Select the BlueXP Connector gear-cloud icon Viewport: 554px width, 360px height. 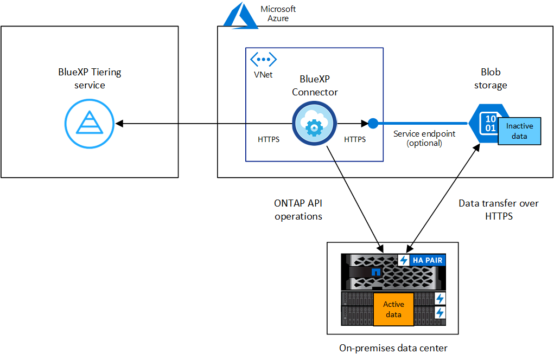(312, 124)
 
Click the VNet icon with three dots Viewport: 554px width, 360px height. (263, 59)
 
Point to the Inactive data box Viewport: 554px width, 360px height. (519, 131)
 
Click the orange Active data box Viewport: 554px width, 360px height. (393, 310)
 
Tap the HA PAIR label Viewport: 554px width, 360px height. (426, 261)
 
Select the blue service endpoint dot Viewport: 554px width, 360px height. (373, 124)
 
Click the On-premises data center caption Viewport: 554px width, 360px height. (393, 348)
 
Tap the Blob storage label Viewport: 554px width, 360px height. (491, 79)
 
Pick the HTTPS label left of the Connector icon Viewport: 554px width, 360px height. (269, 139)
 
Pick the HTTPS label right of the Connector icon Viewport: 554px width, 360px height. (355, 139)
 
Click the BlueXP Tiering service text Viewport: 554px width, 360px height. (90, 79)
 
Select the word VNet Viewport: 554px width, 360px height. (263, 75)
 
